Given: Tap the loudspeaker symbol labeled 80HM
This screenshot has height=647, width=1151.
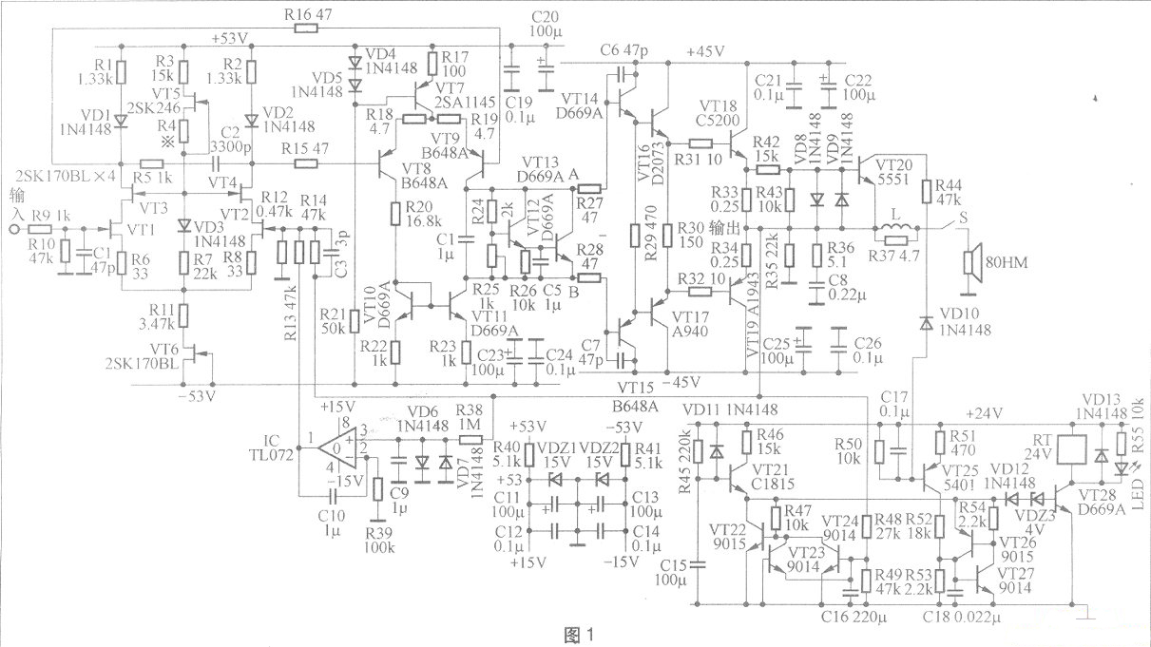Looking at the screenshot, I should coord(971,258).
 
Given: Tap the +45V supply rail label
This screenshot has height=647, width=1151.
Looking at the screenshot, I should coord(703,51).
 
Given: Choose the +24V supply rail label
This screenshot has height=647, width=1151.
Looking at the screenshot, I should coord(984,413).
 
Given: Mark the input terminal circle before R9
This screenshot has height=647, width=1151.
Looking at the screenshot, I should coord(13,229).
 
